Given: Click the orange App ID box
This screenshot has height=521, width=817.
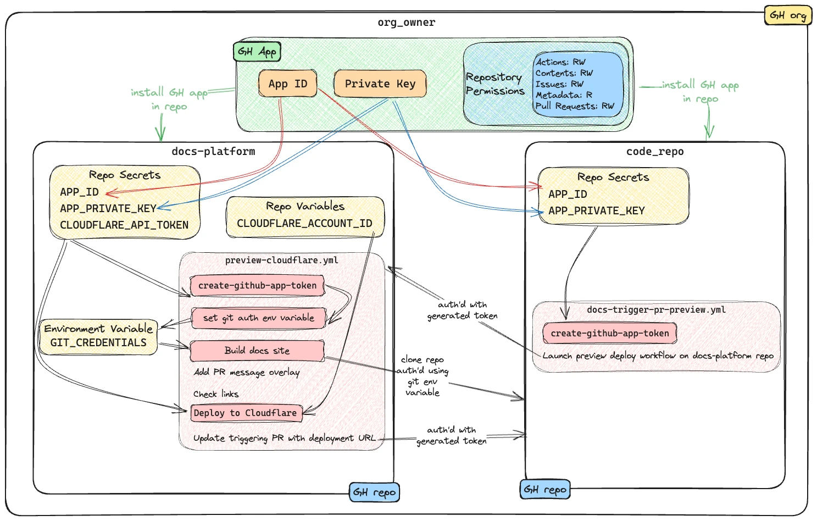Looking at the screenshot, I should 288,84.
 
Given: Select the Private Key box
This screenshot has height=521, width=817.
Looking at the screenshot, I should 380,84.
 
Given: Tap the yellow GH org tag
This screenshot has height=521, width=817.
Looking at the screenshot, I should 787,15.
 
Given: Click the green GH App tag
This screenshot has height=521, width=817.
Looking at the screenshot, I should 257,52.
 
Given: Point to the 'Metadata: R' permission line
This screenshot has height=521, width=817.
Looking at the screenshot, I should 564,95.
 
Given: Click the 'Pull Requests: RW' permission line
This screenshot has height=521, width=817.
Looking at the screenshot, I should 575,106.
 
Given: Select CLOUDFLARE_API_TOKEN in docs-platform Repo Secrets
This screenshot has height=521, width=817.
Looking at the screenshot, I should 124,225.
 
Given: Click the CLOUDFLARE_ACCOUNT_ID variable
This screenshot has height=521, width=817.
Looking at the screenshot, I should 304,223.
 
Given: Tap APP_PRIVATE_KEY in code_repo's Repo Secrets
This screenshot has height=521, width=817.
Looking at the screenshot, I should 596,210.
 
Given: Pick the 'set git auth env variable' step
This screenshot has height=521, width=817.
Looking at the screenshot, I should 258,318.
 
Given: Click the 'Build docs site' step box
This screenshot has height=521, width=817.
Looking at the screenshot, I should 257,351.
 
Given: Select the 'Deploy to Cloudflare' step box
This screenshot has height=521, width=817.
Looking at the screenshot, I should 246,413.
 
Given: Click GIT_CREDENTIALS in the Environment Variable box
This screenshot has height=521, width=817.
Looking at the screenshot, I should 98,342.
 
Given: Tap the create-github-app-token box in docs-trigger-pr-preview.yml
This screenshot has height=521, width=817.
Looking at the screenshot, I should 609,333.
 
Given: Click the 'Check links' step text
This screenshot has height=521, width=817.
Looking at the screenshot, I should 216,394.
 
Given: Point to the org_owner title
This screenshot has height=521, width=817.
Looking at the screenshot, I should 406,23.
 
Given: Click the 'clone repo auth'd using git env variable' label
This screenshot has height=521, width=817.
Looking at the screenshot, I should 423,376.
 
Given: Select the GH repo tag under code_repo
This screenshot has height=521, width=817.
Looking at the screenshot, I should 544,489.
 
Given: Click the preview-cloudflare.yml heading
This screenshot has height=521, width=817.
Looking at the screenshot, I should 281,260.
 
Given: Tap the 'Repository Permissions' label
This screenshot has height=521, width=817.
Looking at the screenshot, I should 494,84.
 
